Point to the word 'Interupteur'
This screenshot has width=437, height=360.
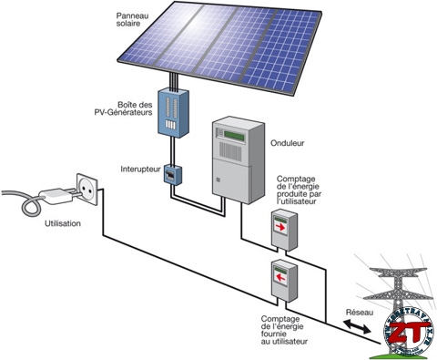(x=140, y=170)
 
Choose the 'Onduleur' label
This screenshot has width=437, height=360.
(x=290, y=143)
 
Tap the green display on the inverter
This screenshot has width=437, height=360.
(x=231, y=134)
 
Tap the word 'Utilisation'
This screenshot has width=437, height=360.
(x=62, y=223)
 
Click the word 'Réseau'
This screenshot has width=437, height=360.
(x=360, y=312)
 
